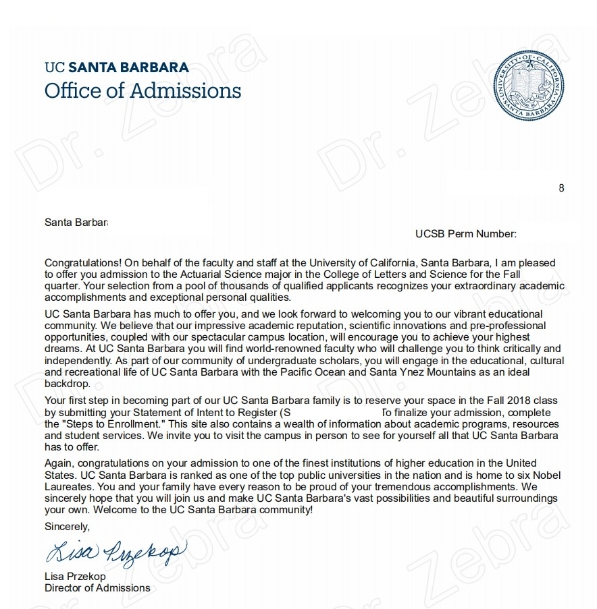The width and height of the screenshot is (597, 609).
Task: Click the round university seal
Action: (529, 86)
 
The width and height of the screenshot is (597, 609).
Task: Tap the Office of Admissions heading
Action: (142, 90)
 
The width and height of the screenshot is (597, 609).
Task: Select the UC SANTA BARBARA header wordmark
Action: (117, 67)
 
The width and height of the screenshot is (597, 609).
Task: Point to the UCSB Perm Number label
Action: (466, 234)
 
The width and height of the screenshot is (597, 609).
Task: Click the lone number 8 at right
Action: (561, 188)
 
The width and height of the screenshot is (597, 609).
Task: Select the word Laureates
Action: (68, 486)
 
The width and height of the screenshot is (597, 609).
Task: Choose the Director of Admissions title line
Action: (97, 587)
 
